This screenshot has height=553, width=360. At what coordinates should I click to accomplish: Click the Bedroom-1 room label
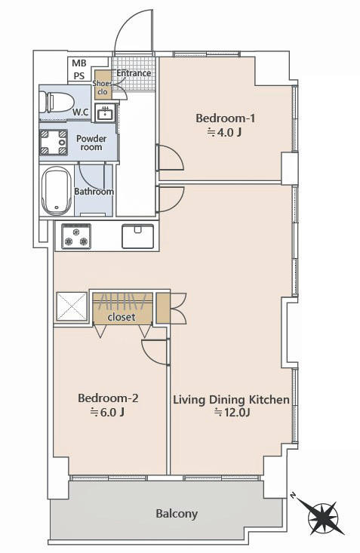225,118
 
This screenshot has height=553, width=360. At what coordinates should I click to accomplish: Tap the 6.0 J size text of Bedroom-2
108,412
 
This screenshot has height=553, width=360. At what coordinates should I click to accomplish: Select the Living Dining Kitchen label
231,400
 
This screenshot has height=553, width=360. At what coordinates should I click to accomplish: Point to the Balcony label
177,514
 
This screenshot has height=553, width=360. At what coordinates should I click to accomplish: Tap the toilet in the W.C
56,103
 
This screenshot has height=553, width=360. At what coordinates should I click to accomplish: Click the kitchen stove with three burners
76,236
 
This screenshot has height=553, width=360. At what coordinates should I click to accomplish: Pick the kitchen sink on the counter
138,236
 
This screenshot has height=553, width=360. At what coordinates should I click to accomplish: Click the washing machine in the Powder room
54,143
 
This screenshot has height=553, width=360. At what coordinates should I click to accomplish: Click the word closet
122,317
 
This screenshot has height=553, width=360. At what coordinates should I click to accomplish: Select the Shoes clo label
103,88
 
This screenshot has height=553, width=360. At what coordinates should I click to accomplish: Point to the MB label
79,63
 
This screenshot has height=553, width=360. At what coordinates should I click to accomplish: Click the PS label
79,76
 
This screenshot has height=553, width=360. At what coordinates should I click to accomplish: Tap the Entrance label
134,73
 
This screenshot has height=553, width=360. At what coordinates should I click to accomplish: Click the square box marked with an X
72,306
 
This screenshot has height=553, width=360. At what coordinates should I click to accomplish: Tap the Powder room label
91,143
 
